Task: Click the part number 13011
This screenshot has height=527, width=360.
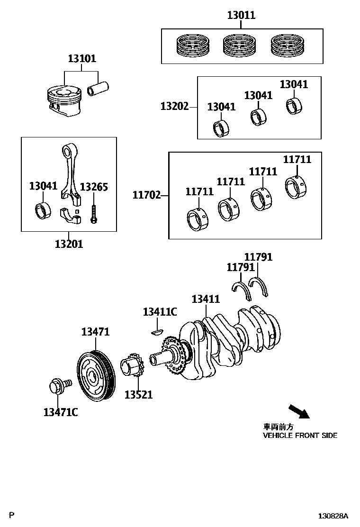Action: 241,15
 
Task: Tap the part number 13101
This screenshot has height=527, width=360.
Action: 81,59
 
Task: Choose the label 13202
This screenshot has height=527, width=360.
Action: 174,107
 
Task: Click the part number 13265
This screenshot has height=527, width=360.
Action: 94,187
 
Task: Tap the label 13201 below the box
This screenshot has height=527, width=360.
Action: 69,244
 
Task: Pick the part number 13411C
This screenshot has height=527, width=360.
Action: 160,311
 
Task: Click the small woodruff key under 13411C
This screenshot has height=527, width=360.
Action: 156,330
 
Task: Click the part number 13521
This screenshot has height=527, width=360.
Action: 138,394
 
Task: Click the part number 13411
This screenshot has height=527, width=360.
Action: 206,299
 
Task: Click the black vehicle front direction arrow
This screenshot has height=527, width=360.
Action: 298,411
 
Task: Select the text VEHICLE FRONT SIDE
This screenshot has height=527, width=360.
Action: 300,436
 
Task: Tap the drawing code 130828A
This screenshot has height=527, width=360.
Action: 333,516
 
